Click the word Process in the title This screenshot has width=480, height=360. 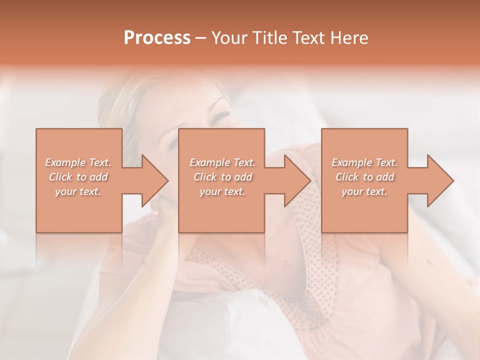click(x=157, y=38)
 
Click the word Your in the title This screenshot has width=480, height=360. click(x=228, y=38)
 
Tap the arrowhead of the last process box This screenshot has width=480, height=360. click(x=439, y=180)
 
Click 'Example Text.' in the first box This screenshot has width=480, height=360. click(x=78, y=162)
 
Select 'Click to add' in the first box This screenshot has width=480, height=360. click(x=78, y=177)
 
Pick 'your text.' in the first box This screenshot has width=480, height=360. click(x=78, y=191)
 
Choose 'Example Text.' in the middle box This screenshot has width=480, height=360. click(x=222, y=162)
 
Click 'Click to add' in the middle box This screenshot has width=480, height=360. click(x=222, y=177)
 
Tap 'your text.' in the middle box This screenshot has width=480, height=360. click(x=222, y=191)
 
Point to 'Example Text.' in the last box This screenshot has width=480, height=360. click(x=364, y=162)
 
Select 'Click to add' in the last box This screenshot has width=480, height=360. click(x=364, y=177)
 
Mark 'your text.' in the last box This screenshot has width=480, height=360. click(x=364, y=191)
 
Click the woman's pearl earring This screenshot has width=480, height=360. click(x=155, y=210)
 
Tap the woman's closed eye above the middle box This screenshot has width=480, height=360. click(x=220, y=117)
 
